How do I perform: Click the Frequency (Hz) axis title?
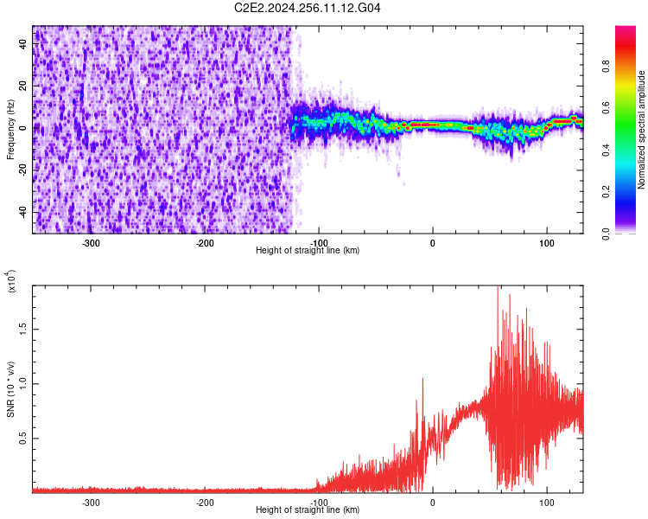(x=10, y=130)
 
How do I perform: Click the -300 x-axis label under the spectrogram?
(x=91, y=243)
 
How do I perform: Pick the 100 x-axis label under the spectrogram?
(x=546, y=243)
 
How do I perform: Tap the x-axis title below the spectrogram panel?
(x=308, y=251)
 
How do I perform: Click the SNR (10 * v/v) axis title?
(x=10, y=389)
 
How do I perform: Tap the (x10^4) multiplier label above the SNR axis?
(x=11, y=282)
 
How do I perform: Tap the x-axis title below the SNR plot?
(x=308, y=510)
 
